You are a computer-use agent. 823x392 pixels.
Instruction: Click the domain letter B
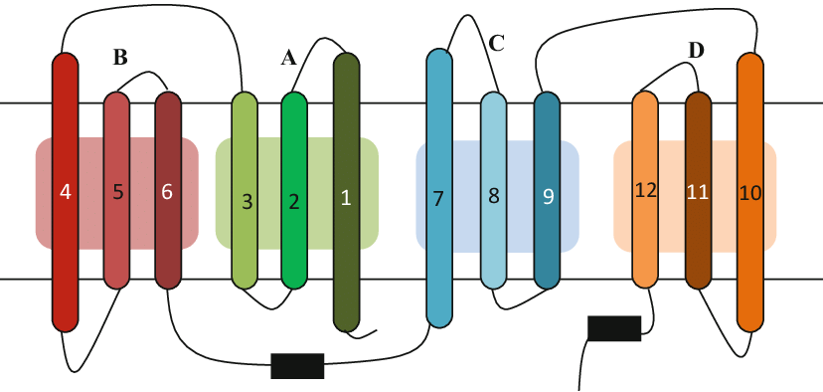click(119, 58)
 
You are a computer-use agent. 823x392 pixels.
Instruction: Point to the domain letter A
click(288, 59)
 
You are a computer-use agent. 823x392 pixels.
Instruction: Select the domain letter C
click(497, 43)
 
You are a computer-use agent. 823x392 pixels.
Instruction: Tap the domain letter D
click(696, 50)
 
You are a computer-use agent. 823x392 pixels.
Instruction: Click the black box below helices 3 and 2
click(298, 366)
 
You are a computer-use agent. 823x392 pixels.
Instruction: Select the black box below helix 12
click(614, 327)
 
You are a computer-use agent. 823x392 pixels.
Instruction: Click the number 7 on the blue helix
click(437, 198)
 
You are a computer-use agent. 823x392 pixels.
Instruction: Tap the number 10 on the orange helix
click(750, 193)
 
